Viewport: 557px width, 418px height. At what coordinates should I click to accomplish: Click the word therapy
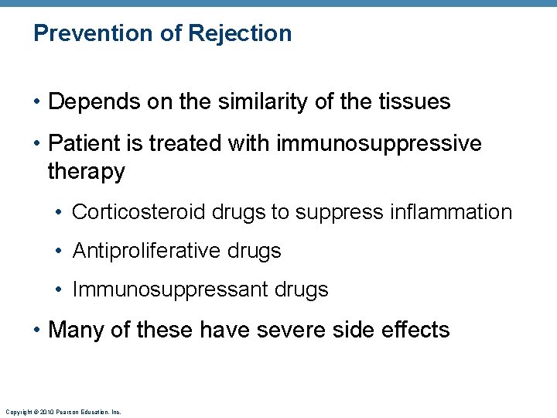86,171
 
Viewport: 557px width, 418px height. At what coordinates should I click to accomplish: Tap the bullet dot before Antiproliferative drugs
60,252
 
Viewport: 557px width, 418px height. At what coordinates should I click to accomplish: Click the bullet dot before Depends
37,102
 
